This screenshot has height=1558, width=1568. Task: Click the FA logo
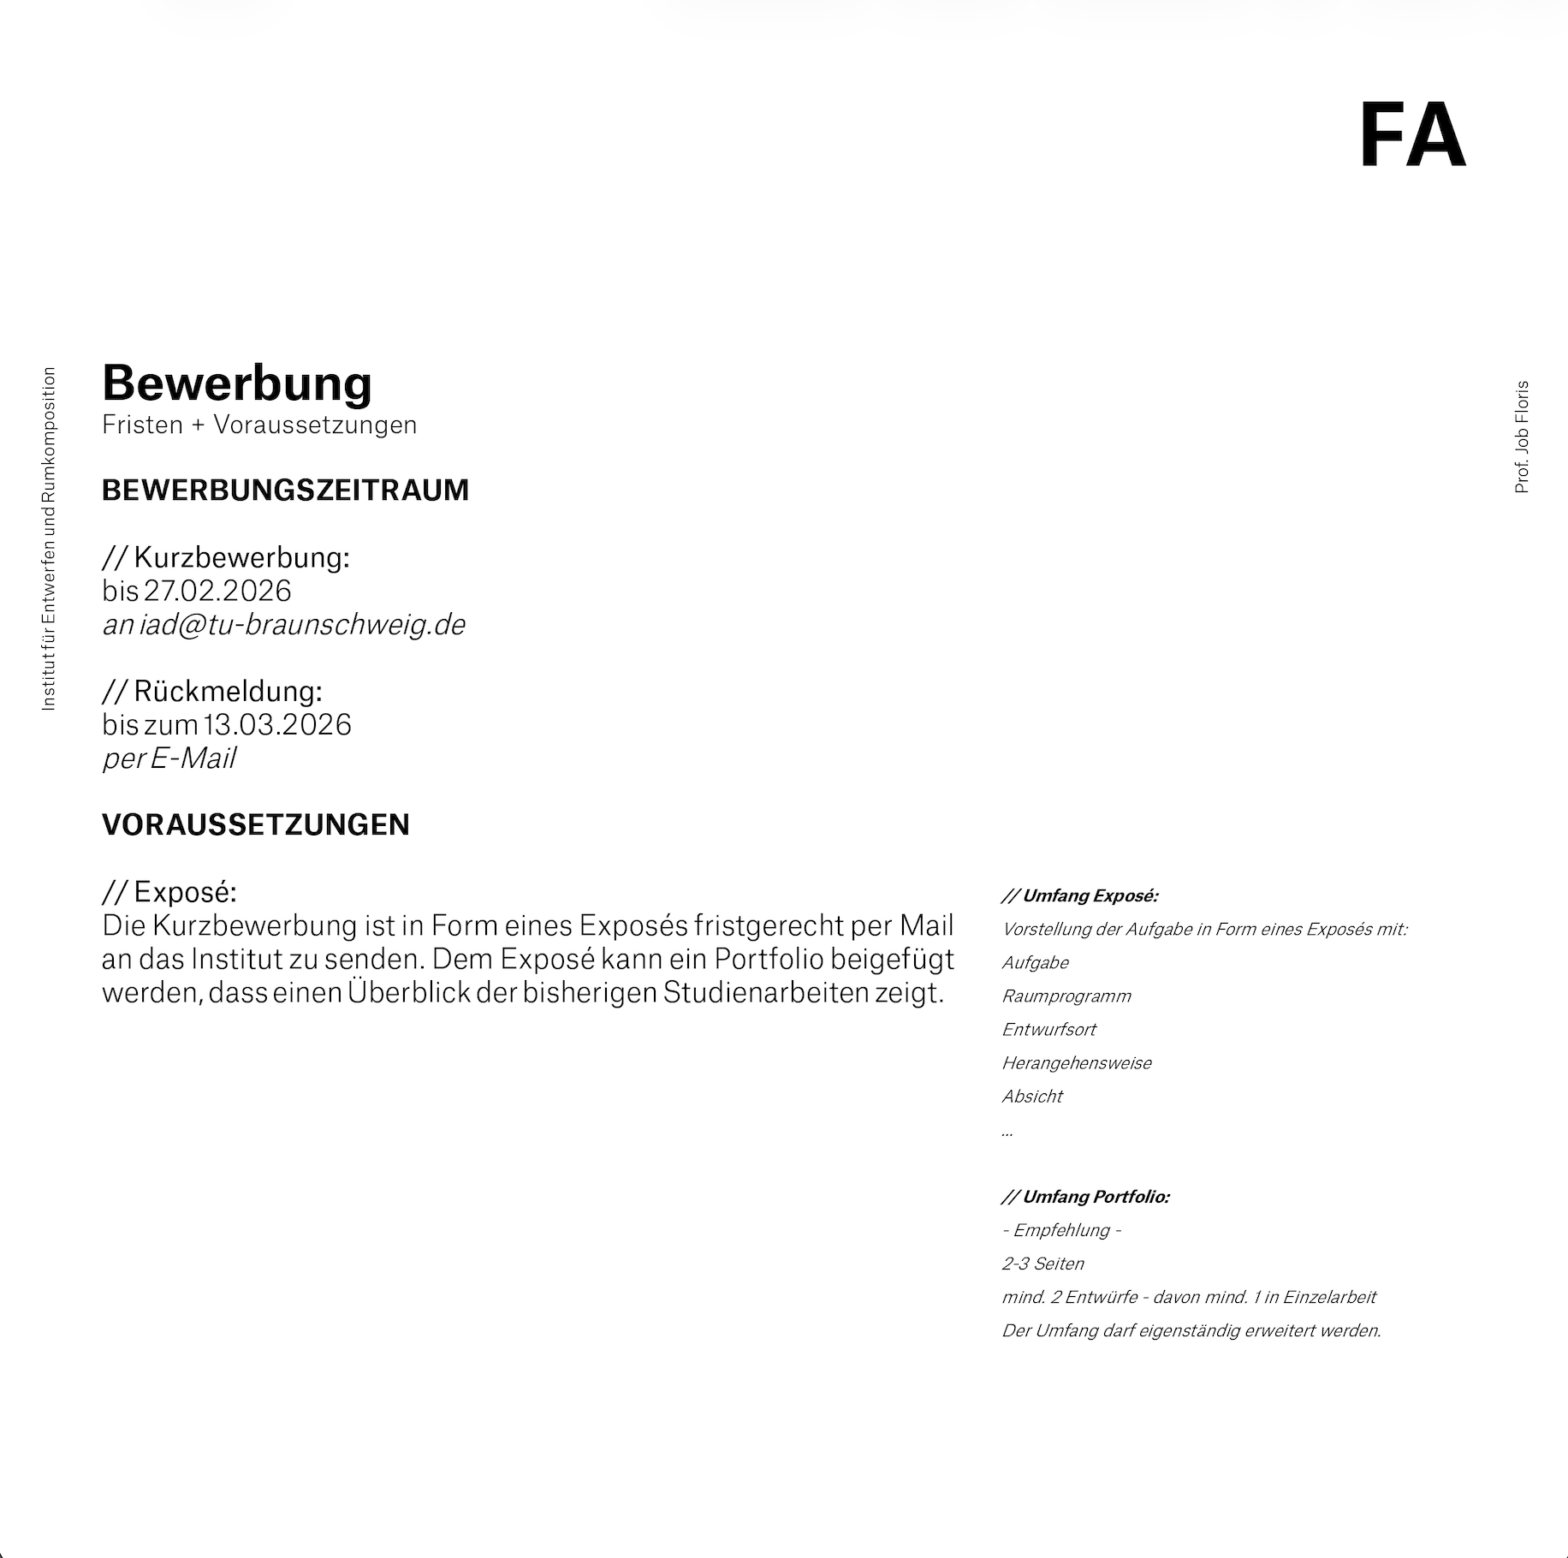point(1412,135)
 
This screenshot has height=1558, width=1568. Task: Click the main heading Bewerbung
point(237,383)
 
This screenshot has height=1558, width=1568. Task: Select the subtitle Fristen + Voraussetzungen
point(259,425)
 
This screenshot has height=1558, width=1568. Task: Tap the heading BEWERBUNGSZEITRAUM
point(285,491)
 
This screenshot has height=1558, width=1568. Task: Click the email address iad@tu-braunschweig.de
point(302,625)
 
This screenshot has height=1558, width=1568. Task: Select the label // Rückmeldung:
point(212,691)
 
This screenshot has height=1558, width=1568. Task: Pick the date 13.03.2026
point(277,725)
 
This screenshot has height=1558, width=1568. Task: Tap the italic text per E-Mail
point(169,758)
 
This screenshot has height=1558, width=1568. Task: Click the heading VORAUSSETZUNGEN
point(255,825)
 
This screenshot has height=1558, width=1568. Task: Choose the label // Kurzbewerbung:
point(226,557)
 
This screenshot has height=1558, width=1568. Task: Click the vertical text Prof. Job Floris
point(1522,437)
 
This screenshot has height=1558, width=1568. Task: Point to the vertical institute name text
point(49,538)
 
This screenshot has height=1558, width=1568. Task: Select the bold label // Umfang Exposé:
point(1079,896)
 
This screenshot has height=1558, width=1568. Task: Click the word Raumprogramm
point(1066,996)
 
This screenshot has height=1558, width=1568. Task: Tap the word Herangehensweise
point(1077,1063)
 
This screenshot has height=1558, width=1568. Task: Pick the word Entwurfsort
point(1048,1030)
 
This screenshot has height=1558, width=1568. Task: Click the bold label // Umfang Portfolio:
point(1085,1197)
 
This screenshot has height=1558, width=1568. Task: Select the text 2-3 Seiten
point(1042,1264)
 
